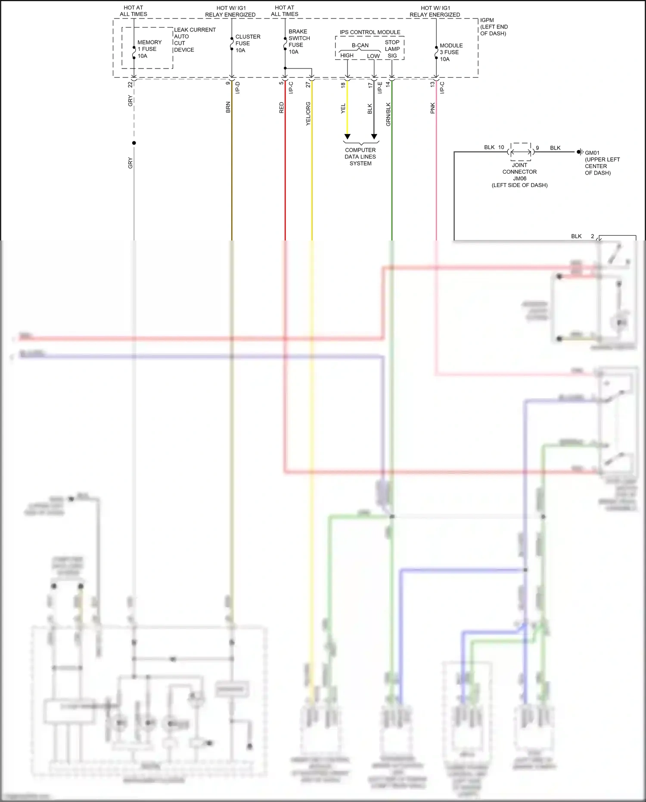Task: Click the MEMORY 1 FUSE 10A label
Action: (149, 49)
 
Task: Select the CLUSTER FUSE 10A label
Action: (247, 44)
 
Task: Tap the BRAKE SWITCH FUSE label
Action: (298, 41)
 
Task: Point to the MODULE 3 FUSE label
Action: (450, 52)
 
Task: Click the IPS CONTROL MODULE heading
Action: (370, 32)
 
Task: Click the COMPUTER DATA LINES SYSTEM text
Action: (360, 157)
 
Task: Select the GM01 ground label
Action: (601, 163)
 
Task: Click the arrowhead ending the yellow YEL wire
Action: (347, 137)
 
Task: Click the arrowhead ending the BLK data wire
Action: (374, 137)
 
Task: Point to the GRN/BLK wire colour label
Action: (388, 114)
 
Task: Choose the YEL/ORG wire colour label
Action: (308, 114)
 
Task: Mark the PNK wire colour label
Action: (433, 108)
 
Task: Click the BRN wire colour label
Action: (228, 107)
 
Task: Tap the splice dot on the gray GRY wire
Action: (134, 143)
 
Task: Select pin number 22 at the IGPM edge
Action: (130, 85)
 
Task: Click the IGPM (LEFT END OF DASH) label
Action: (494, 27)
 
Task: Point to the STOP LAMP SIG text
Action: (392, 49)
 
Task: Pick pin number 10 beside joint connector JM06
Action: (501, 147)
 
